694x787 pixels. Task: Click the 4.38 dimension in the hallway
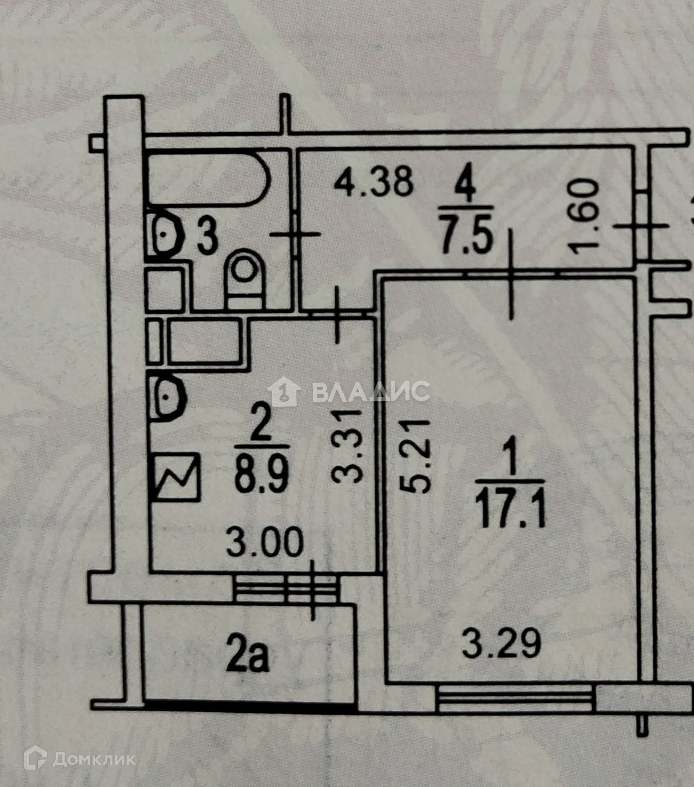373,182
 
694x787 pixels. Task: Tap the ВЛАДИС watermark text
370,392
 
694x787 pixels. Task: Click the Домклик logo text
94,759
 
